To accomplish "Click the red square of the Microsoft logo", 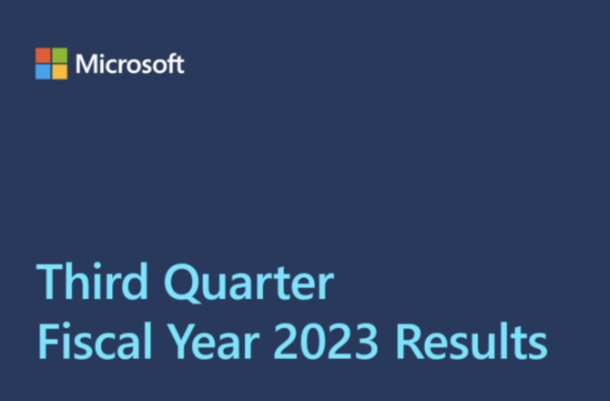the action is pyautogui.click(x=43, y=56).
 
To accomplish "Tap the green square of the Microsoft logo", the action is pyautogui.click(x=60, y=56).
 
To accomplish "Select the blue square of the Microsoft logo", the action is pyautogui.click(x=43, y=72).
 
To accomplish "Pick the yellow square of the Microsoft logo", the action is pyautogui.click(x=60, y=72).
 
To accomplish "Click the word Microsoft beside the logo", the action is pyautogui.click(x=130, y=64).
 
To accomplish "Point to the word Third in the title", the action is pyautogui.click(x=92, y=281).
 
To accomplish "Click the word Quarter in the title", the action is pyautogui.click(x=249, y=283).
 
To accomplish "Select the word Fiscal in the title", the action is pyautogui.click(x=95, y=341).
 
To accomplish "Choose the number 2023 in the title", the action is pyautogui.click(x=326, y=342).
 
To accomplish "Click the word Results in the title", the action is pyautogui.click(x=472, y=341).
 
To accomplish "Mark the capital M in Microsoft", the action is pyautogui.click(x=86, y=64).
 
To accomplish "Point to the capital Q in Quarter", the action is pyautogui.click(x=181, y=283).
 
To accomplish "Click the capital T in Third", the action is pyautogui.click(x=50, y=282).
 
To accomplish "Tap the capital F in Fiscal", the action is pyautogui.click(x=48, y=342).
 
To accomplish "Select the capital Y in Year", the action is pyautogui.click(x=182, y=342).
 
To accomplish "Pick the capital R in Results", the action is pyautogui.click(x=410, y=342).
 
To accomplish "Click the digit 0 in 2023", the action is pyautogui.click(x=313, y=342).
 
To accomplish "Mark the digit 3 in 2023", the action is pyautogui.click(x=366, y=342).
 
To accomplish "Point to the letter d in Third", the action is pyautogui.click(x=135, y=281).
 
